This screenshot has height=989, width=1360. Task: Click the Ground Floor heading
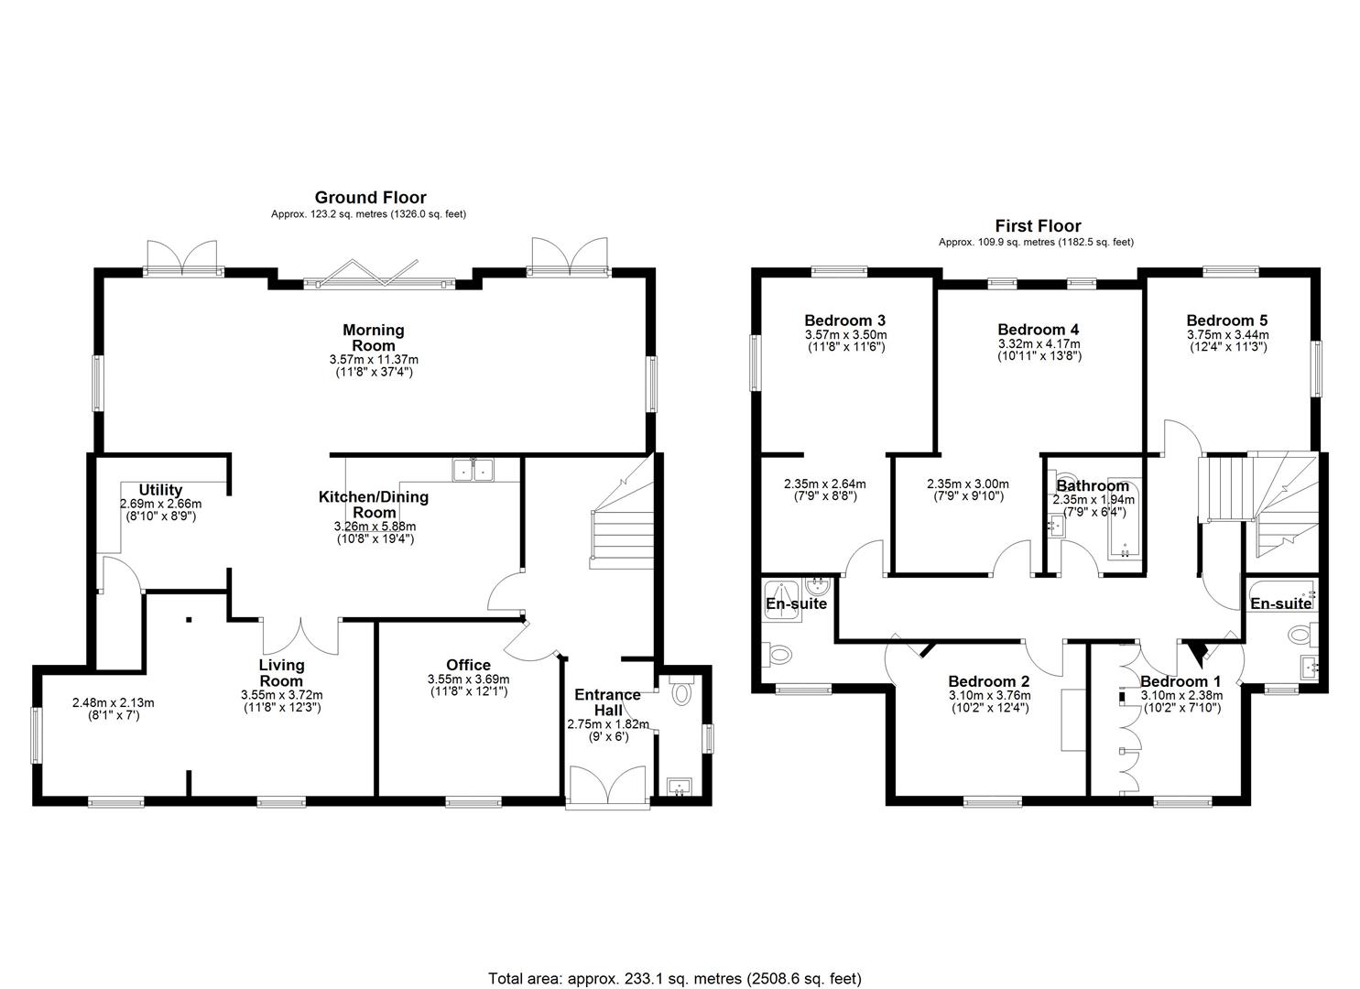tap(370, 197)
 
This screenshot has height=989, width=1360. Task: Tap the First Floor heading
tap(1039, 226)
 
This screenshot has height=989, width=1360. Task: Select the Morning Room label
tap(374, 338)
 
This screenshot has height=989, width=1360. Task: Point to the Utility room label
tap(160, 490)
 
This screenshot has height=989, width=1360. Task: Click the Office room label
tap(468, 665)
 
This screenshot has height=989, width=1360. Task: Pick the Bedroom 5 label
tap(1227, 320)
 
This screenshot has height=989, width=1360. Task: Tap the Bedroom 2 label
tap(989, 681)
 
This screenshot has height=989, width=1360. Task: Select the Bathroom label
tap(1093, 485)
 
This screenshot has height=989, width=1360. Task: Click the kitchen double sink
tap(473, 470)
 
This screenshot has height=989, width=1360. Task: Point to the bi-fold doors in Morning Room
tap(379, 277)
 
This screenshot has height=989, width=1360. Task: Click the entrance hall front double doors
tap(608, 787)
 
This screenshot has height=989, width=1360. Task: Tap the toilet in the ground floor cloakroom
tap(682, 692)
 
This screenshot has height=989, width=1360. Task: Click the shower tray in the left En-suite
tap(781, 601)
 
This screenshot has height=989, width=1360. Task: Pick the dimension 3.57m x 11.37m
tap(374, 359)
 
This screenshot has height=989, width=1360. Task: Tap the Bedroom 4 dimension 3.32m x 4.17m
tap(1039, 343)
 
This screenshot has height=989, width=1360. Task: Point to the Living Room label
tap(281, 673)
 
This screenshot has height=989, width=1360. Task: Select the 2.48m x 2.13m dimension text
tap(113, 702)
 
